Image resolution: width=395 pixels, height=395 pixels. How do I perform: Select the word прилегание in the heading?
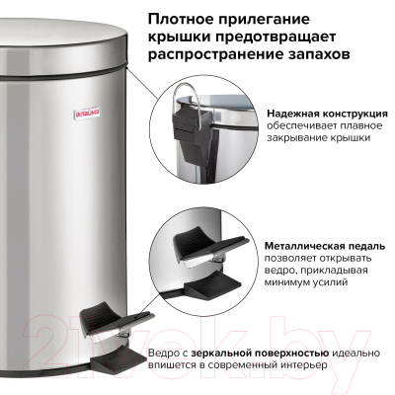tap(283, 19)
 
